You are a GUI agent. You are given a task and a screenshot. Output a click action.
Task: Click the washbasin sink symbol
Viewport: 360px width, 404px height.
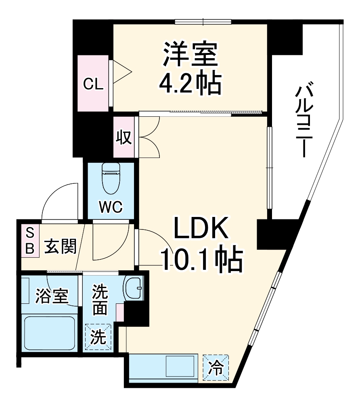[x=133, y=288]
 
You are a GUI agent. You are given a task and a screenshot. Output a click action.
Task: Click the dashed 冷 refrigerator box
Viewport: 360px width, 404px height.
[x=216, y=367]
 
